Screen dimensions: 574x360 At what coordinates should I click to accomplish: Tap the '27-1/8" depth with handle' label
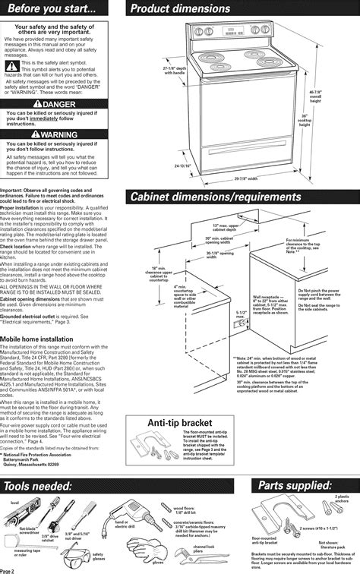[x=175, y=71]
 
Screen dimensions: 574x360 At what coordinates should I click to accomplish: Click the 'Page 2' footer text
[x=11, y=569]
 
